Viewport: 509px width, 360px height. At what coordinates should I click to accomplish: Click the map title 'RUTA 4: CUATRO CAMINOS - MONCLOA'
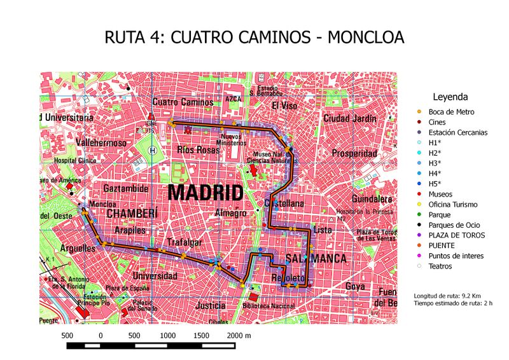(x=254, y=38)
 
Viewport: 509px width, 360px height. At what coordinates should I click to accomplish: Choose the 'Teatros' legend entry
(x=440, y=266)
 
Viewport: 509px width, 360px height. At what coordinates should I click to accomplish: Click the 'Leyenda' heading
(x=450, y=97)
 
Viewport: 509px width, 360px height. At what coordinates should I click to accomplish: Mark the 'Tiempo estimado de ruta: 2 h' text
(x=452, y=303)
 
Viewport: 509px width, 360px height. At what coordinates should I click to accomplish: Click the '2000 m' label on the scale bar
(x=239, y=335)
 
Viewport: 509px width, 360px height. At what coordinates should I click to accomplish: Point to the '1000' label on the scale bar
(x=167, y=335)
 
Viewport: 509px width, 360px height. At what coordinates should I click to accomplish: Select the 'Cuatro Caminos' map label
(x=183, y=102)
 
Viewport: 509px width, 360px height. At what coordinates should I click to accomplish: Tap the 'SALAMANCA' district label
(x=316, y=259)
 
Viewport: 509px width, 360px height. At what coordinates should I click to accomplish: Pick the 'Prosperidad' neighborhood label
(x=354, y=153)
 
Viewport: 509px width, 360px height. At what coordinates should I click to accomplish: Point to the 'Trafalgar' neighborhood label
(x=184, y=242)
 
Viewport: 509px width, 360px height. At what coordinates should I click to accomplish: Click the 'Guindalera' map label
(x=369, y=198)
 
